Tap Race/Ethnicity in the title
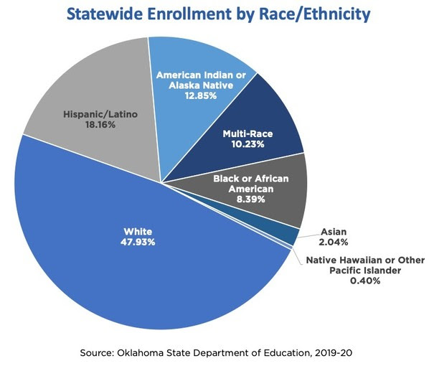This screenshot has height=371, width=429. point(309,15)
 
